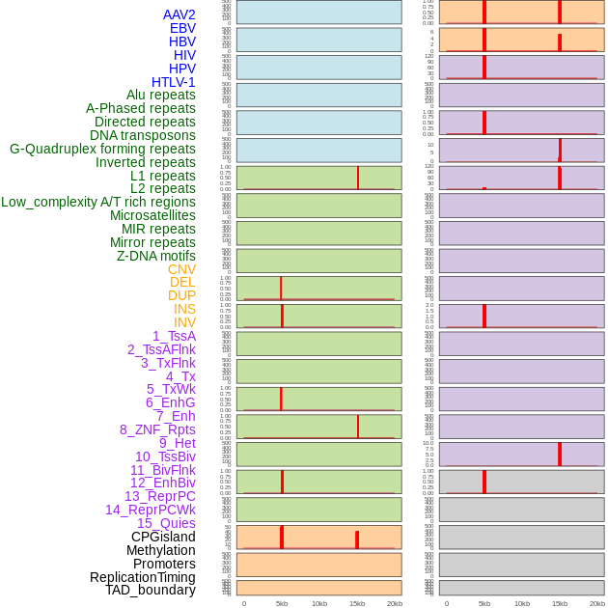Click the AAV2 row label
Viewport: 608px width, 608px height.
pyautogui.click(x=179, y=15)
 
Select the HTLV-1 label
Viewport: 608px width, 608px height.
pyautogui.click(x=173, y=82)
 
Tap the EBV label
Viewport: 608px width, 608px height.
pyautogui.click(x=182, y=29)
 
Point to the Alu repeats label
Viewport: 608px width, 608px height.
pyautogui.click(x=160, y=96)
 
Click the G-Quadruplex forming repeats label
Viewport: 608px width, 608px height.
pyautogui.click(x=102, y=149)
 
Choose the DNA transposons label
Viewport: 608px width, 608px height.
pyautogui.click(x=143, y=135)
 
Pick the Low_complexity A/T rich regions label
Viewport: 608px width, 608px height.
pyautogui.click(x=98, y=202)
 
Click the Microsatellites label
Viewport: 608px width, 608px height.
pyautogui.click(x=152, y=215)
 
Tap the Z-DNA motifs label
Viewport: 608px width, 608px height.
pyautogui.click(x=156, y=256)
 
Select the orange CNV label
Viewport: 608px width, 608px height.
pyautogui.click(x=181, y=269)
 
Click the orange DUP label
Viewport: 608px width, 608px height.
pyautogui.click(x=181, y=295)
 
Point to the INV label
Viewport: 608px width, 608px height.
pyautogui.click(x=184, y=322)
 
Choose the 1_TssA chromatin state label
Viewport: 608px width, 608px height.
pyautogui.click(x=174, y=336)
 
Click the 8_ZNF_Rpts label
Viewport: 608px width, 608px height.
pyautogui.click(x=157, y=429)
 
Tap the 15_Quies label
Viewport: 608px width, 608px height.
pyautogui.click(x=166, y=523)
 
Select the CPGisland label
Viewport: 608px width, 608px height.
pyautogui.click(x=163, y=537)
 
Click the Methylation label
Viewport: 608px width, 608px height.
pyautogui.click(x=160, y=550)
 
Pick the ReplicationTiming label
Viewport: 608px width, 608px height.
pyautogui.click(x=143, y=577)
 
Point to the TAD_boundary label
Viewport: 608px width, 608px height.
pyautogui.click(x=151, y=590)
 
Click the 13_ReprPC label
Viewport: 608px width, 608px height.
pyautogui.click(x=159, y=496)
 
